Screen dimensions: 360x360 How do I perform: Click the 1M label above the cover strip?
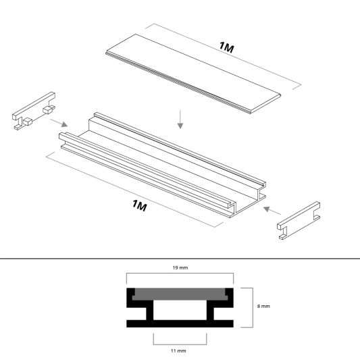[228, 47]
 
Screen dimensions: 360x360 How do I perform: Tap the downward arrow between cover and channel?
[180, 120]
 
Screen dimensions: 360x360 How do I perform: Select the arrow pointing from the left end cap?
[59, 124]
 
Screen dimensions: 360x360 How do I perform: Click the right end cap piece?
[300, 217]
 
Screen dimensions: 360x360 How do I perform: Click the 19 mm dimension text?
[180, 267]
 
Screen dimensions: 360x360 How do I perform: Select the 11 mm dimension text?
[180, 351]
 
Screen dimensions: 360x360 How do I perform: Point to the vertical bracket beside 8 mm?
[253, 307]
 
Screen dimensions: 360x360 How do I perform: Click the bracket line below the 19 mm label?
[180, 274]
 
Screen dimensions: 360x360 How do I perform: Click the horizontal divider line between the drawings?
[180, 257]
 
